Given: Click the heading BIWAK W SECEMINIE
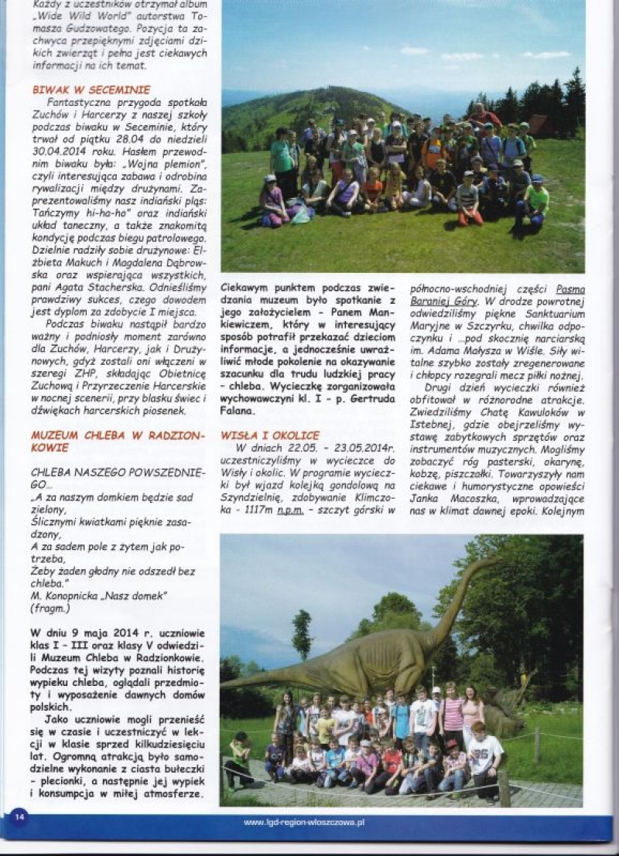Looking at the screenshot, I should tap(91, 90).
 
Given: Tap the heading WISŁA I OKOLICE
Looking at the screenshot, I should tap(270, 435).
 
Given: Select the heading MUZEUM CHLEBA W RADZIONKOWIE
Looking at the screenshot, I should tap(118, 441).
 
